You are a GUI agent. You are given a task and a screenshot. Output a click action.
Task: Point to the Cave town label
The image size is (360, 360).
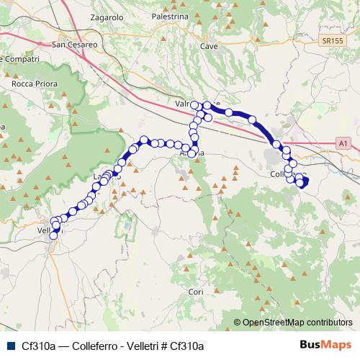point(209,45)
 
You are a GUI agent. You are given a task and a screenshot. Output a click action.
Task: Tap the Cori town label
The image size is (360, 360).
point(196,292)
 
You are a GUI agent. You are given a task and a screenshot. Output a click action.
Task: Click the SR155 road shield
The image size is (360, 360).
point(333,42)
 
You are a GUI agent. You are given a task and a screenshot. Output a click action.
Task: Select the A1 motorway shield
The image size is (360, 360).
point(344,144)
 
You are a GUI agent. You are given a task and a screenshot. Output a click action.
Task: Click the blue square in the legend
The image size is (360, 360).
point(10,346)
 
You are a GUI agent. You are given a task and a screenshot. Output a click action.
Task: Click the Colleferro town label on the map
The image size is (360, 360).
point(287,175)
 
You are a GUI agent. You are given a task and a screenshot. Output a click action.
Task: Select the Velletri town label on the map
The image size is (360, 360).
point(49,230)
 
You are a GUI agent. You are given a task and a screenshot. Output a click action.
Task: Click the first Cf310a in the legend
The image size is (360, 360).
point(39,346)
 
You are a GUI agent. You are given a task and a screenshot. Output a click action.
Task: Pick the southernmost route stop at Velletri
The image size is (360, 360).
point(53,235)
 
